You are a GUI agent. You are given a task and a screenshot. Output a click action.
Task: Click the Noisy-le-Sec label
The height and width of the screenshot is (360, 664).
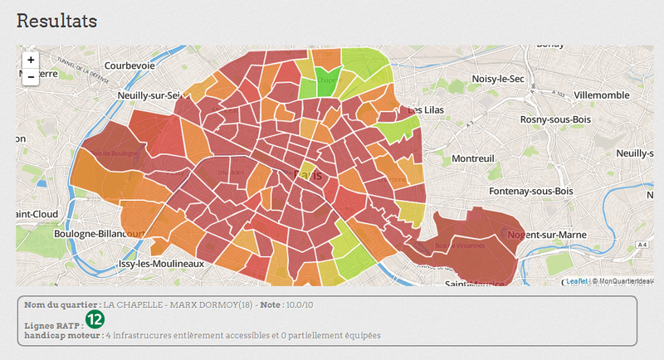click(x=498, y=78)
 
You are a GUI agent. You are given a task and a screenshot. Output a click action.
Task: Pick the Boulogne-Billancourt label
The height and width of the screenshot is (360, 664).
click(x=98, y=234)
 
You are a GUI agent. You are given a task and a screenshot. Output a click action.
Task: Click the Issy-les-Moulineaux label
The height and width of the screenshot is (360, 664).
click(x=163, y=263)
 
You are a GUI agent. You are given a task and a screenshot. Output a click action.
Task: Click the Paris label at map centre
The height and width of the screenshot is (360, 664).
click(x=309, y=175)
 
